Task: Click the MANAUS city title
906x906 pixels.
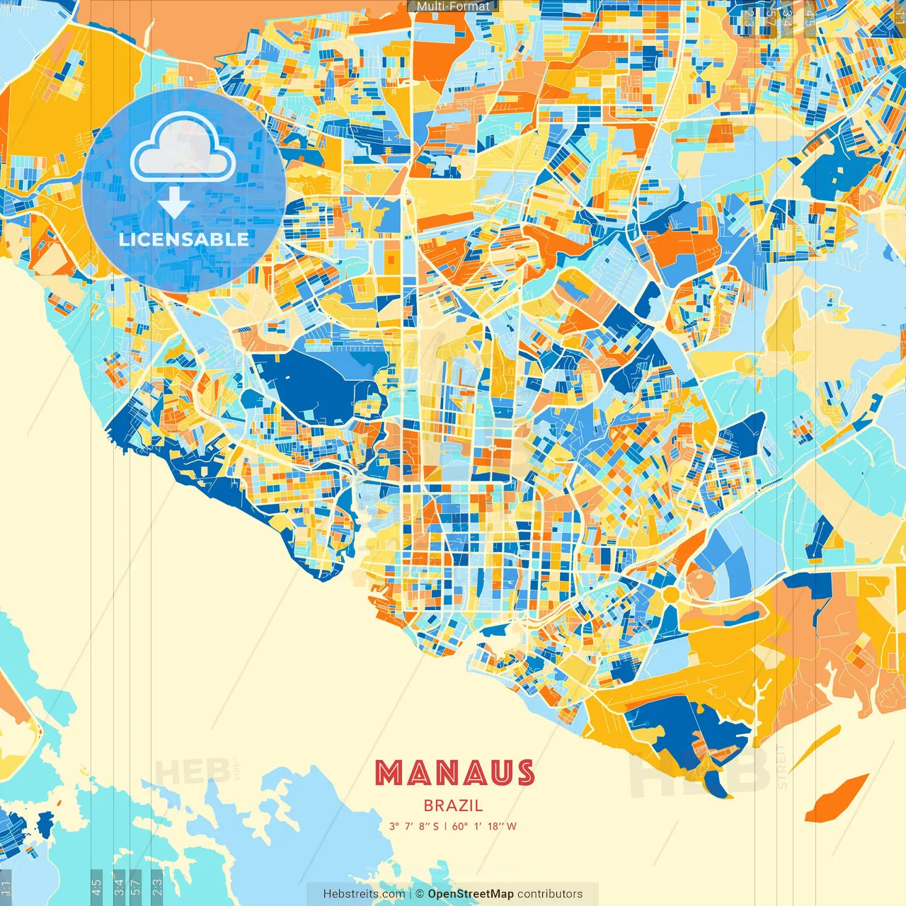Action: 454,773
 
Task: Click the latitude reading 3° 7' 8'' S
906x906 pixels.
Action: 413,826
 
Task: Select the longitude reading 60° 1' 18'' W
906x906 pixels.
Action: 485,826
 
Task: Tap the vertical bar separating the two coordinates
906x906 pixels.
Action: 445,826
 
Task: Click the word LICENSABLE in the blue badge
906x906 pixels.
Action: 184,239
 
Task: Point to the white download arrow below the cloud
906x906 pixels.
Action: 174,203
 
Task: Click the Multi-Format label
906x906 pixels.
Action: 453,6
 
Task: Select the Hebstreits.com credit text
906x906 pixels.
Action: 363,894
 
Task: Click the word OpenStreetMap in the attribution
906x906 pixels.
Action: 471,894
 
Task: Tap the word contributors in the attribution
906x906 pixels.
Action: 550,894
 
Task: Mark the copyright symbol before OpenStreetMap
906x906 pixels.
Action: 419,894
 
